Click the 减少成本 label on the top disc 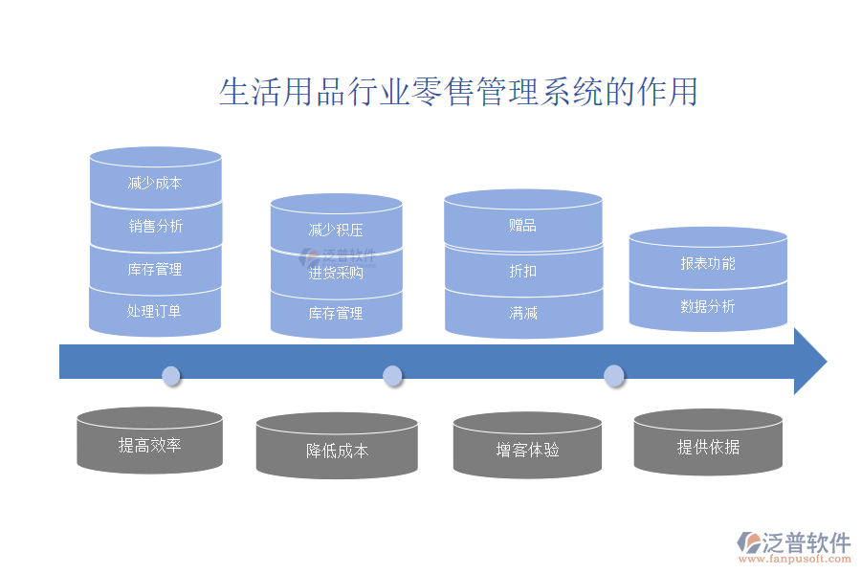pos(155,184)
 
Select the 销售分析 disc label pos(156,227)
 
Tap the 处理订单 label pos(154,311)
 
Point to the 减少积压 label pos(336,231)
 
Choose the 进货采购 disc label pos(336,273)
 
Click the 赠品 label pos(522,227)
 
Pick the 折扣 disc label pos(522,272)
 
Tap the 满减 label pos(522,313)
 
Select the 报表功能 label pos(708,263)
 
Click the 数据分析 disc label pos(708,307)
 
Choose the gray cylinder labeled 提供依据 pos(708,447)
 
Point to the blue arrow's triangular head pos(809,361)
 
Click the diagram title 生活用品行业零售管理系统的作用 pos(458,92)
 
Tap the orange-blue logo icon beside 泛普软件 pos(747,543)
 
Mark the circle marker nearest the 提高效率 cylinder pos(171,375)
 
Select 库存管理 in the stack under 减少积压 pos(336,314)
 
